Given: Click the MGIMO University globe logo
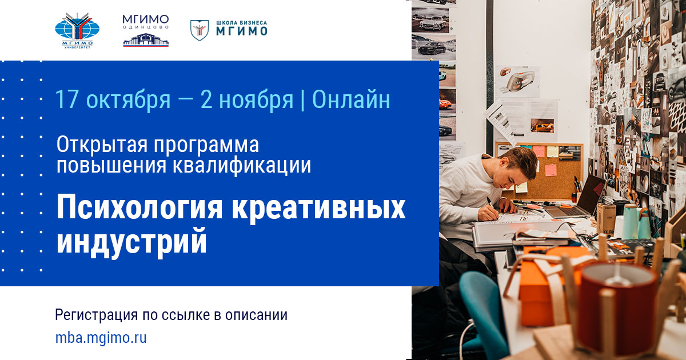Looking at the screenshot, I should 77,29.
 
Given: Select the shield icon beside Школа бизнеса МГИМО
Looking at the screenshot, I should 199,30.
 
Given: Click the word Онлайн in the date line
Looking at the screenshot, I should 352,99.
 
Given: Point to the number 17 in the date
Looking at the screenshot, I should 66,99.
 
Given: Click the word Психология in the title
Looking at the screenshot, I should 139,209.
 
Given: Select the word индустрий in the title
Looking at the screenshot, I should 131,241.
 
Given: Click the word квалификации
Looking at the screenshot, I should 246,165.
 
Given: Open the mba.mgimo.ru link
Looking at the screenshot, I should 101,338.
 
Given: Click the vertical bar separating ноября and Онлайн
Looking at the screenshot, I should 303,100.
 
